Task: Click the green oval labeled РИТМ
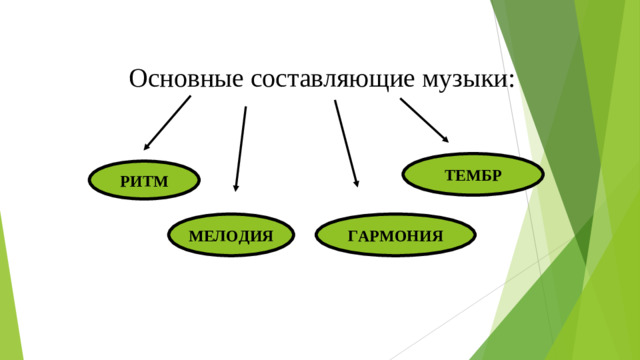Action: tap(144, 181)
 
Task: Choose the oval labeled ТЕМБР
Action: tap(473, 175)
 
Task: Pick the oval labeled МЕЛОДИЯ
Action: tap(230, 236)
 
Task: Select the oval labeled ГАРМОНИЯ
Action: tap(395, 236)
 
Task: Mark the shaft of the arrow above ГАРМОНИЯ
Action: tap(345, 140)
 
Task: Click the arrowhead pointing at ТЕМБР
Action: tap(445, 137)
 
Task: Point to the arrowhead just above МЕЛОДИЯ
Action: tap(236, 185)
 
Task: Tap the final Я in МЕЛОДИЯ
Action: tap(267, 236)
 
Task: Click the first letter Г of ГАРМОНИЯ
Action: tap(353, 236)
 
